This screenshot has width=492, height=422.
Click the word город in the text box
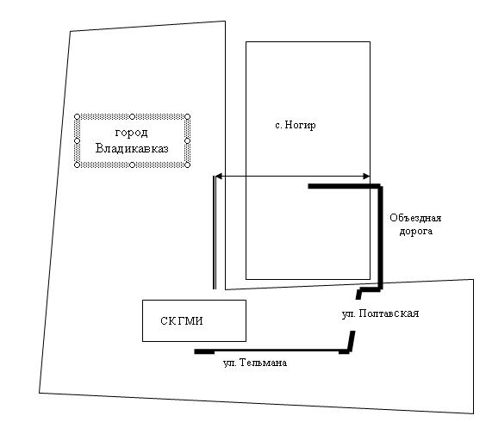click(132, 133)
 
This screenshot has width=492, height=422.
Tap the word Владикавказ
click(132, 148)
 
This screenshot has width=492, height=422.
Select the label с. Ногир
click(296, 125)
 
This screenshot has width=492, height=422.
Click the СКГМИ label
click(182, 320)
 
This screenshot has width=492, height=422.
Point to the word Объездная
click(415, 218)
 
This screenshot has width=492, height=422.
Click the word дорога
click(416, 232)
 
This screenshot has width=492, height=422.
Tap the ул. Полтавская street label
click(380, 313)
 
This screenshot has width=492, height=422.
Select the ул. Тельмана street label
click(255, 363)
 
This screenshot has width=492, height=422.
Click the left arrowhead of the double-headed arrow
click(219, 177)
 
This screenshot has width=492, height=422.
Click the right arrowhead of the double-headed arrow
click(366, 177)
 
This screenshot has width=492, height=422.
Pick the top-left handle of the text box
click(78, 117)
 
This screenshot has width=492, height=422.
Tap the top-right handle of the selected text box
click(187, 117)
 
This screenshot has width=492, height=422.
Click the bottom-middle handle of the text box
click(133, 164)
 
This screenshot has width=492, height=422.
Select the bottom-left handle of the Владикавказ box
click(78, 164)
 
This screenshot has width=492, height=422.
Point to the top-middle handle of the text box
click(133, 117)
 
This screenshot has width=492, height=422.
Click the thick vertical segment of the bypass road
click(381, 237)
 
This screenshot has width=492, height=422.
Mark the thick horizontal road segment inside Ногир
click(344, 186)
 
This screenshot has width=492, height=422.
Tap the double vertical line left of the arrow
click(215, 233)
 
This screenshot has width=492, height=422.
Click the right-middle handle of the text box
click(187, 141)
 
